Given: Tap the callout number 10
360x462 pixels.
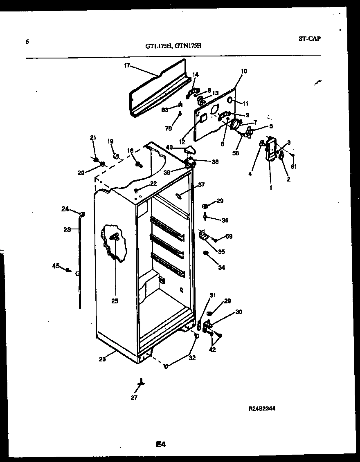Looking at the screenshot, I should coord(244,71).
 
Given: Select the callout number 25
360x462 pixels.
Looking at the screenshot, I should coord(115,301).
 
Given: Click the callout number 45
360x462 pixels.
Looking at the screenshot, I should coord(56,266).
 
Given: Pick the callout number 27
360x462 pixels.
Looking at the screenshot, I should coord(134,397).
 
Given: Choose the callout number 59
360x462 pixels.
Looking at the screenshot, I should coord(229,236).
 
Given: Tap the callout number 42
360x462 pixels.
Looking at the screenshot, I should coord(213,350).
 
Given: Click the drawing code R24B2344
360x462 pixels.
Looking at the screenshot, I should coord(261,408).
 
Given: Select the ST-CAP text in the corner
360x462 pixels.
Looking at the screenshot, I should coord(310,39).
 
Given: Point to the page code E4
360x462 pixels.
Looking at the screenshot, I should coord(161,444).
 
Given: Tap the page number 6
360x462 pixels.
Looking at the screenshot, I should coord(27,41).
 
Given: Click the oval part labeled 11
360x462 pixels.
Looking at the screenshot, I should coord(231,101).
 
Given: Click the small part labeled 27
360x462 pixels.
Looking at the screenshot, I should coord(142,382).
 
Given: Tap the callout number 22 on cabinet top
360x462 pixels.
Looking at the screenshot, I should coord(153,184).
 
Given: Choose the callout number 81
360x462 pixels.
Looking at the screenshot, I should coord(293,166).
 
